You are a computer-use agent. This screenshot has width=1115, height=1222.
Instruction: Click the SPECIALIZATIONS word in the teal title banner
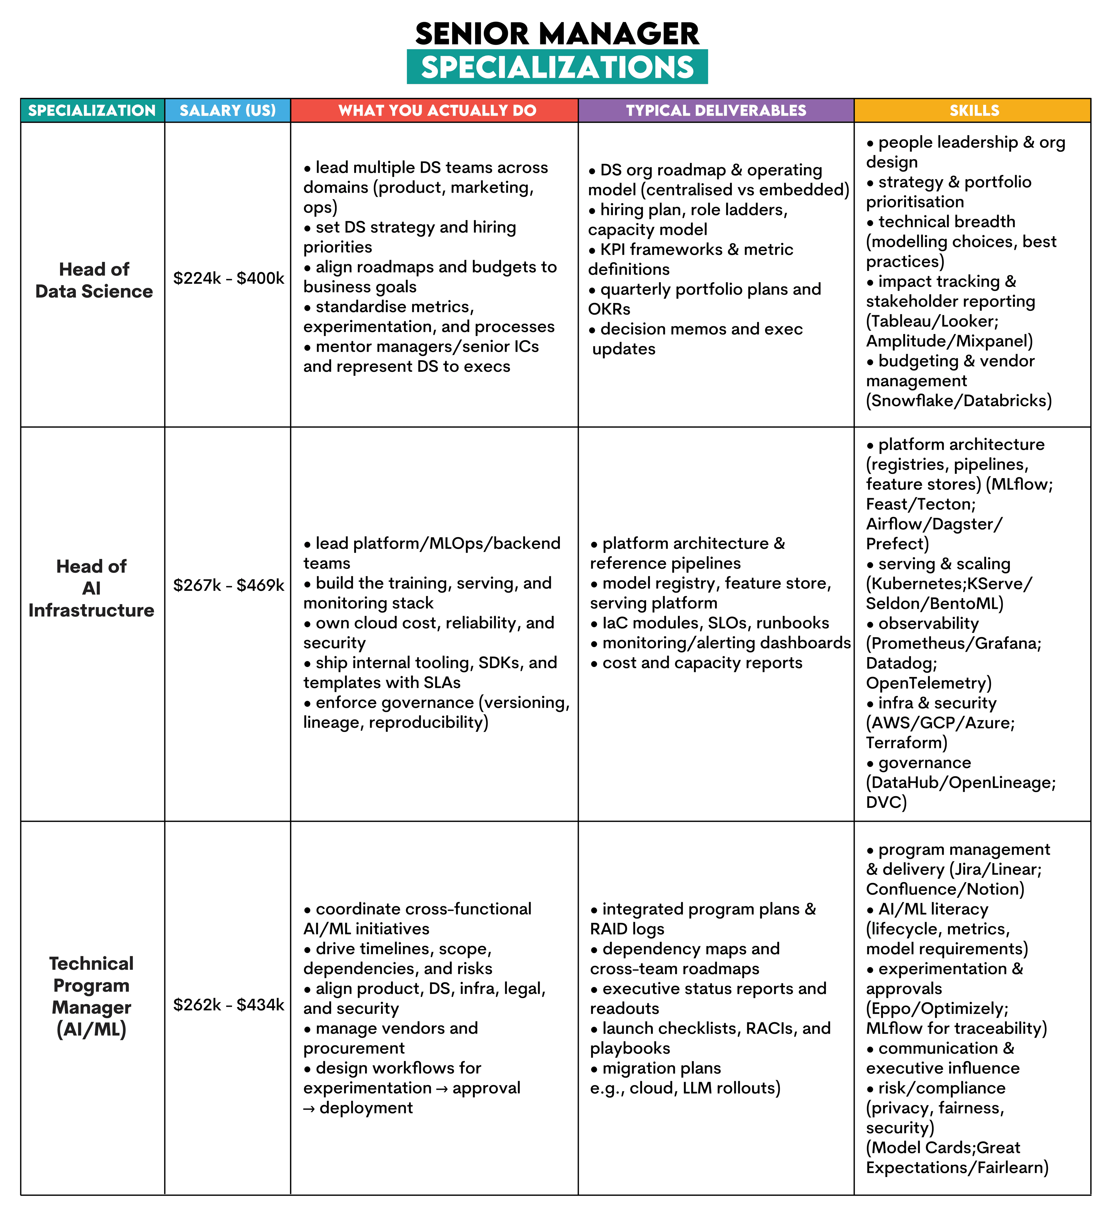coord(557,67)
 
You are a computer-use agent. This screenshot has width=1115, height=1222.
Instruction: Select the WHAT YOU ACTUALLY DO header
coord(437,110)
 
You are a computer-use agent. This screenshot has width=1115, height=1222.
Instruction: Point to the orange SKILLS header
coord(974,110)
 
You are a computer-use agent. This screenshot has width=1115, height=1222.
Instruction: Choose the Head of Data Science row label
coord(94,280)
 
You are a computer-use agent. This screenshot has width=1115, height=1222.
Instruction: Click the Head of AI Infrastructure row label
coord(91,588)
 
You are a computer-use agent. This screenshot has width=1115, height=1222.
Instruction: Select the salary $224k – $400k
coord(229,278)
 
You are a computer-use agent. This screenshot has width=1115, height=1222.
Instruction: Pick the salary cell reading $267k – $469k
coord(229,585)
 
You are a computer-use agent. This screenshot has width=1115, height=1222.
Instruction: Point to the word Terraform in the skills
coord(906,742)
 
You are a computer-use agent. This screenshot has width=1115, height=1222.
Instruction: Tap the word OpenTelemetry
coord(928,683)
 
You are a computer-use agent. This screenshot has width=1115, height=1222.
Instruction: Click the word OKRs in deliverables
coord(609,309)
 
